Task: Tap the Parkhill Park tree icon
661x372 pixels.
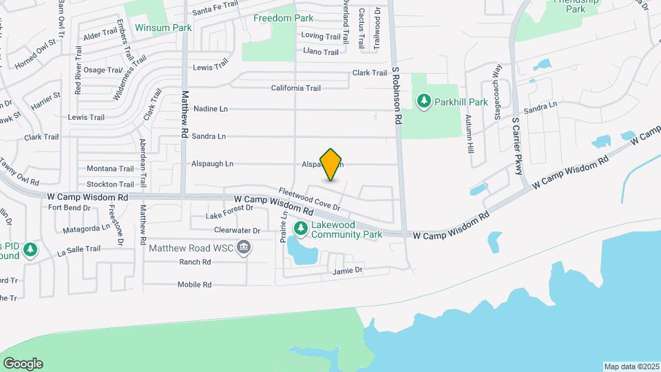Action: [424, 102]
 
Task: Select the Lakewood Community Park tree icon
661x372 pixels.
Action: [300, 227]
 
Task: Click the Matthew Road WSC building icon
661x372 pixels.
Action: [243, 247]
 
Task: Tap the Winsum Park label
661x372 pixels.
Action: [162, 28]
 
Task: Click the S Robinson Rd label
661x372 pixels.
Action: [397, 95]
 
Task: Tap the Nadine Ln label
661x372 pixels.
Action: [210, 109]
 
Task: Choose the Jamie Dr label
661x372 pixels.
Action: [347, 271]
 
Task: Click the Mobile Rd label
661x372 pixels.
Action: [194, 285]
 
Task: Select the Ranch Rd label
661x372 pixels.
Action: [195, 262]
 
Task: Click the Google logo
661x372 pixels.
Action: [23, 364]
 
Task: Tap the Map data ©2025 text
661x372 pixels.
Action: [631, 366]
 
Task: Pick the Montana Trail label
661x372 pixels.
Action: [110, 169]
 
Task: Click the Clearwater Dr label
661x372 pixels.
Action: [237, 230]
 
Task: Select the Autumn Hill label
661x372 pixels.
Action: [470, 133]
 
